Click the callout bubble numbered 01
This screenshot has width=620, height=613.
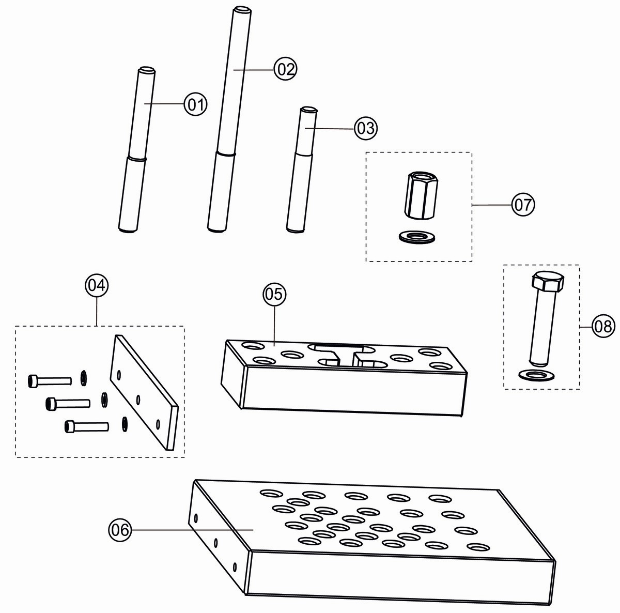[195, 105]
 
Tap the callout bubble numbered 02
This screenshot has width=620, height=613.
[285, 69]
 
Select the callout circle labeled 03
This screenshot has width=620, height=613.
[366, 128]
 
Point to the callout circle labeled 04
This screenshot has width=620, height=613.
[97, 285]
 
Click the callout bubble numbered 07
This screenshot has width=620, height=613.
[522, 205]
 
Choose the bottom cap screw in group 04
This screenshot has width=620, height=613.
[86, 427]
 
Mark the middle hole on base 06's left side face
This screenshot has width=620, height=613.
[215, 543]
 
